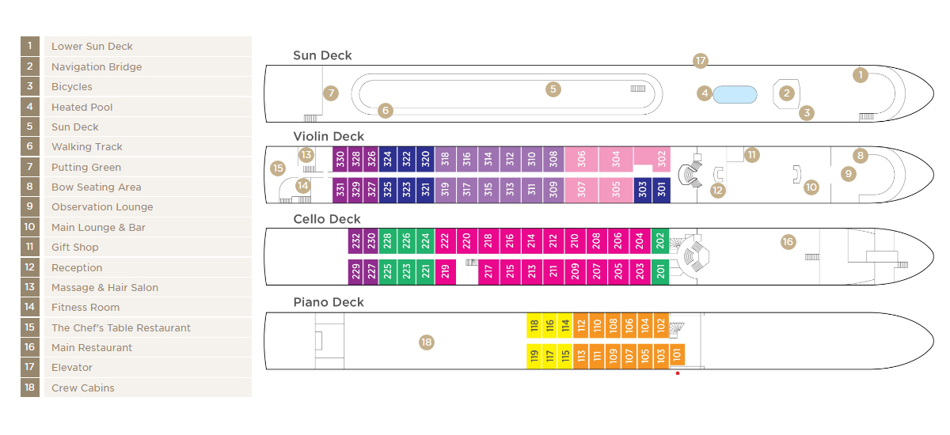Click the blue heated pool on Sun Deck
[735, 94]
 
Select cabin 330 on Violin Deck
[340, 159]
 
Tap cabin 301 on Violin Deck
[662, 190]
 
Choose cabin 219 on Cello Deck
[445, 271]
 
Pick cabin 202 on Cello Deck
[660, 241]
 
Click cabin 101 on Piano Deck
[678, 354]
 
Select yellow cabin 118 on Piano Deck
[534, 325]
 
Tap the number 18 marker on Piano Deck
[426, 342]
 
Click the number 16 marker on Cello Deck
[788, 242]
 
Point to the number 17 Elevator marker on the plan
[701, 61]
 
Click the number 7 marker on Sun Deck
[331, 93]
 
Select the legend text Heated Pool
[82, 107]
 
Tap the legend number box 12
[30, 267]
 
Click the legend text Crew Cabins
[82, 388]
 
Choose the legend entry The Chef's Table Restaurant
[121, 328]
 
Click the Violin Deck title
[329, 136]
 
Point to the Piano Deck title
[329, 302]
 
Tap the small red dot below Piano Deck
[678, 373]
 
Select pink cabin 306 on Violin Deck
[581, 159]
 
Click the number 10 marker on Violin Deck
[811, 187]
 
